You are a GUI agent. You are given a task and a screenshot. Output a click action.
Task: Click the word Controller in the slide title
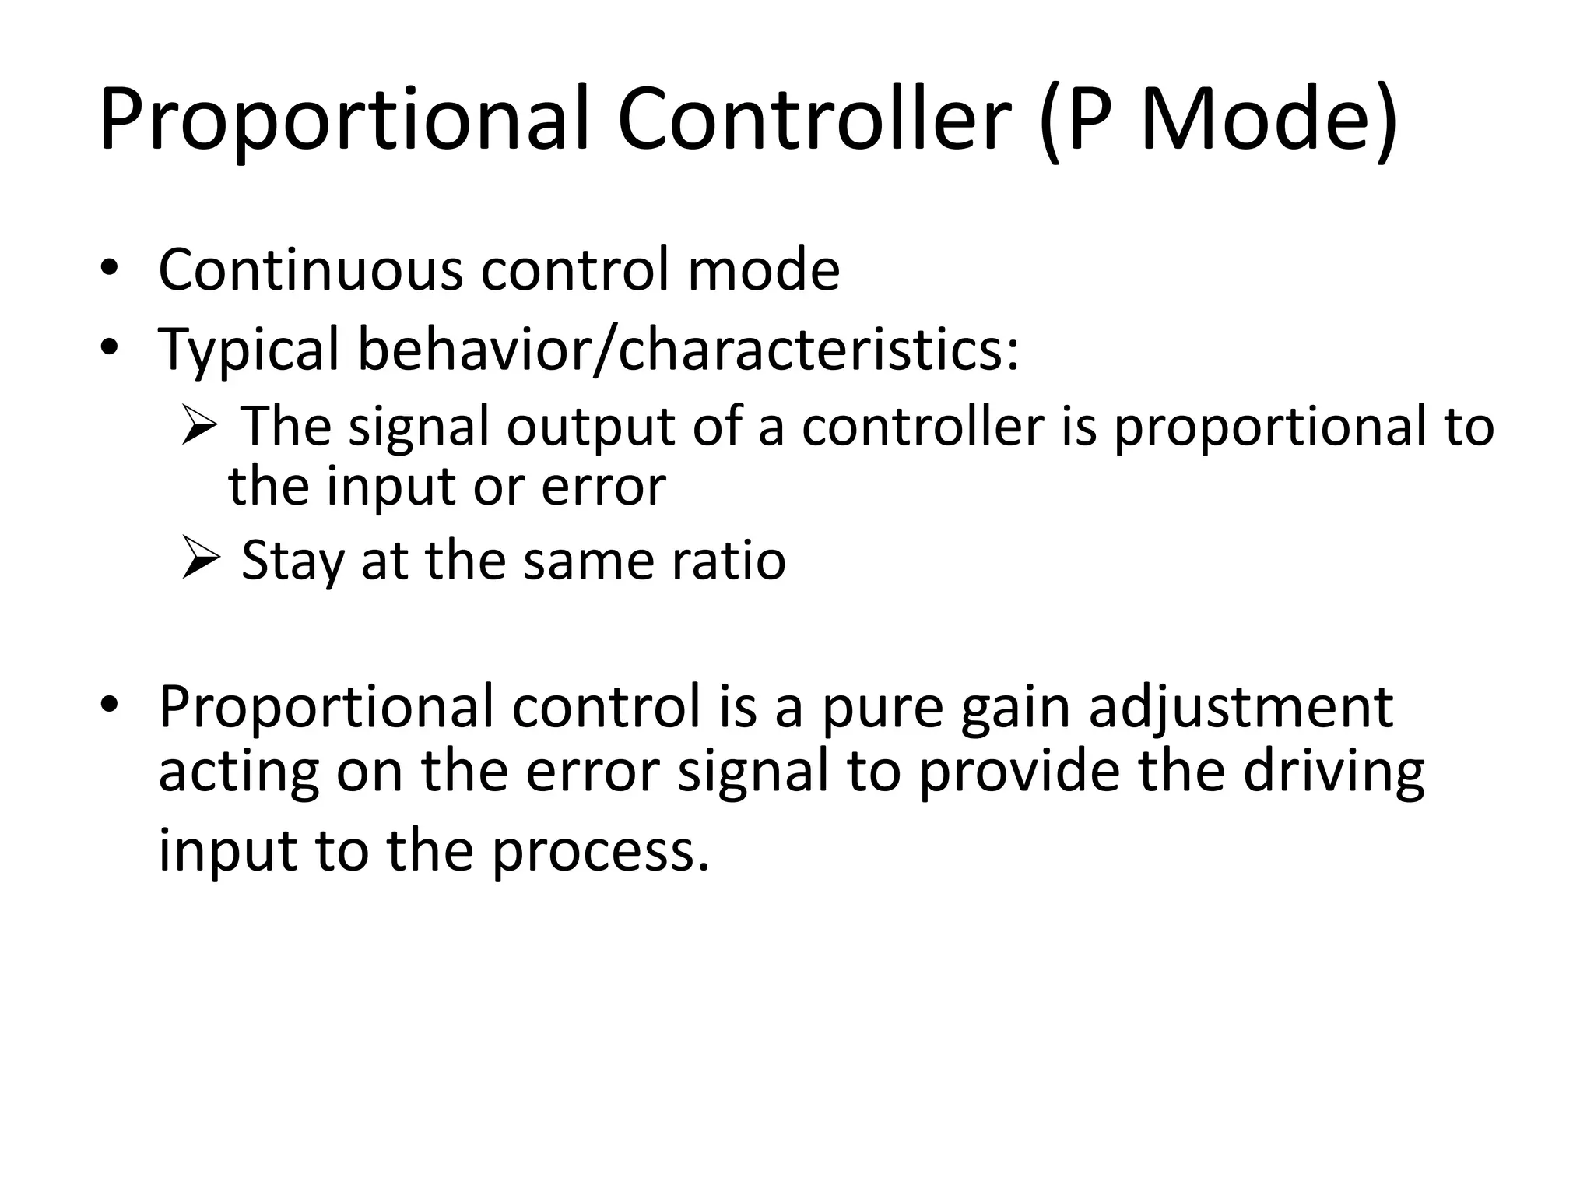click(x=813, y=121)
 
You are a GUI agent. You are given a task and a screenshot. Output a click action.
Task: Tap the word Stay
click(x=292, y=561)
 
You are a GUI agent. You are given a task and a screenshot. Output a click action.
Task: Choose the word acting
click(x=238, y=772)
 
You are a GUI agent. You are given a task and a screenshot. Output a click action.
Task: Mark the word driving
click(x=1333, y=772)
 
